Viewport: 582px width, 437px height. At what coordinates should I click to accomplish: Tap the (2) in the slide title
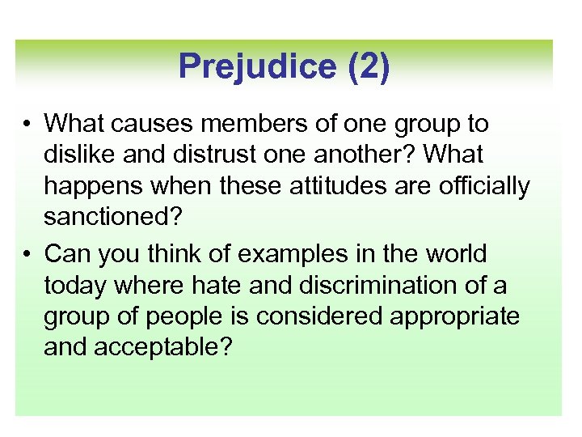369,66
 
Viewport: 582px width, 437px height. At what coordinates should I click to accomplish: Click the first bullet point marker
27,124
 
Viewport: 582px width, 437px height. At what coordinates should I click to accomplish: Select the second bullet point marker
27,253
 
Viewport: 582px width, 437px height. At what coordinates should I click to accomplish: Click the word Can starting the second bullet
66,253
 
